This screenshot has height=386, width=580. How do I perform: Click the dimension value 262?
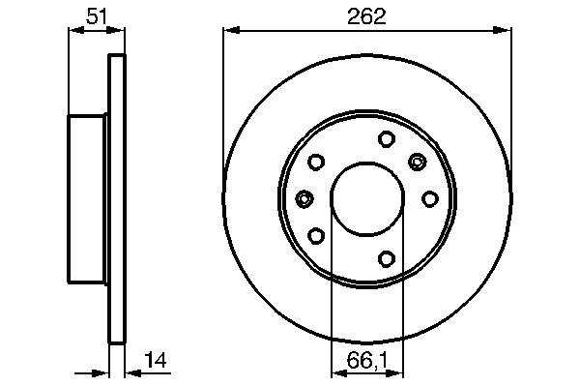point(366,16)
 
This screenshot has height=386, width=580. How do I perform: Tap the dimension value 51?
point(97,16)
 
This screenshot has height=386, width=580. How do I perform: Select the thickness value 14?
point(156,361)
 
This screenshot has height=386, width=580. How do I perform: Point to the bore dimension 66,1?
point(367,361)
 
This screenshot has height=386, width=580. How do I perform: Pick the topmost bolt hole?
point(387,139)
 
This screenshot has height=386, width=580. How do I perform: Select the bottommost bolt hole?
point(387,258)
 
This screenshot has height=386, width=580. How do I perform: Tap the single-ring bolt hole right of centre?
point(430,199)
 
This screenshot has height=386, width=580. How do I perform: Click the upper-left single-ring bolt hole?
point(316,163)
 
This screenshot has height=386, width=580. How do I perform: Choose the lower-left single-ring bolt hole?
point(316,236)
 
